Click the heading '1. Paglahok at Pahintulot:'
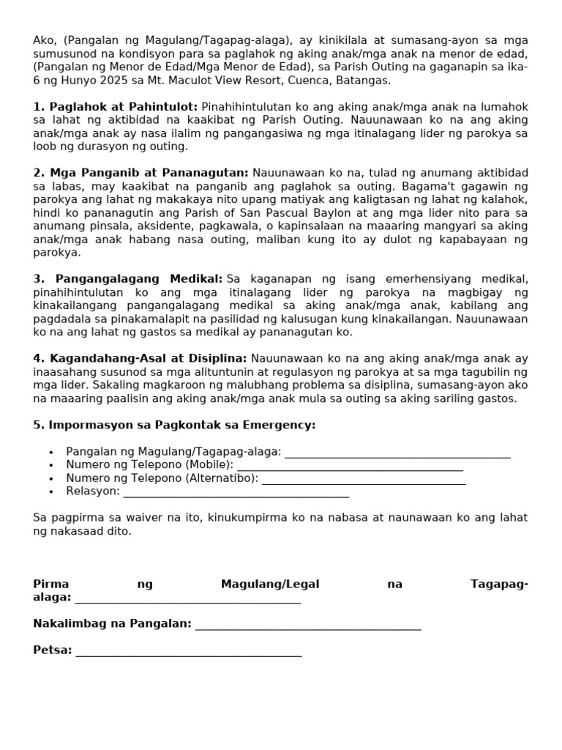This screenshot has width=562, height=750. pyautogui.click(x=116, y=107)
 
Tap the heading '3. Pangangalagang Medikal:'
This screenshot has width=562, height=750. pyautogui.click(x=128, y=279)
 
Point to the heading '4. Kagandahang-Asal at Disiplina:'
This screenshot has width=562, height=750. pyautogui.click(x=140, y=358)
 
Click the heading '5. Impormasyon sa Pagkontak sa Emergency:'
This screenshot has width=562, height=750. pyautogui.click(x=174, y=425)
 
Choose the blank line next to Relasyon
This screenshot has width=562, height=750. pyautogui.click(x=236, y=494)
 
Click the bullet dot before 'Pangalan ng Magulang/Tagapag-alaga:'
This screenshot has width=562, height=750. pyautogui.click(x=50, y=453)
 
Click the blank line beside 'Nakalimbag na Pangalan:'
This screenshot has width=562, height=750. pyautogui.click(x=308, y=625)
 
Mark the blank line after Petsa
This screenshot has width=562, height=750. pyautogui.click(x=188, y=652)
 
